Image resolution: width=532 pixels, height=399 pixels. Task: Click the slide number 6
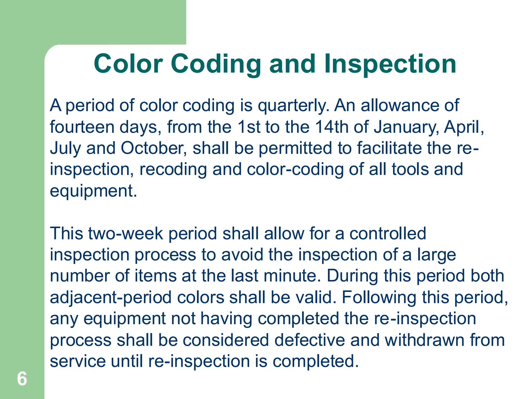coord(22,379)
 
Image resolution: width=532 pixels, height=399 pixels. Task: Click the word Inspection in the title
coord(390,64)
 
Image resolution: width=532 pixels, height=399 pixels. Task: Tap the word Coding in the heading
coord(216,64)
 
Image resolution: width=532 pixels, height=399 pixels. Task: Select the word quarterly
coord(293,106)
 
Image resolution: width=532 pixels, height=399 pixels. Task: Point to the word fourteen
coord(82,127)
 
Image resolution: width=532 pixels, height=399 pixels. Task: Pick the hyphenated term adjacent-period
coord(111,298)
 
